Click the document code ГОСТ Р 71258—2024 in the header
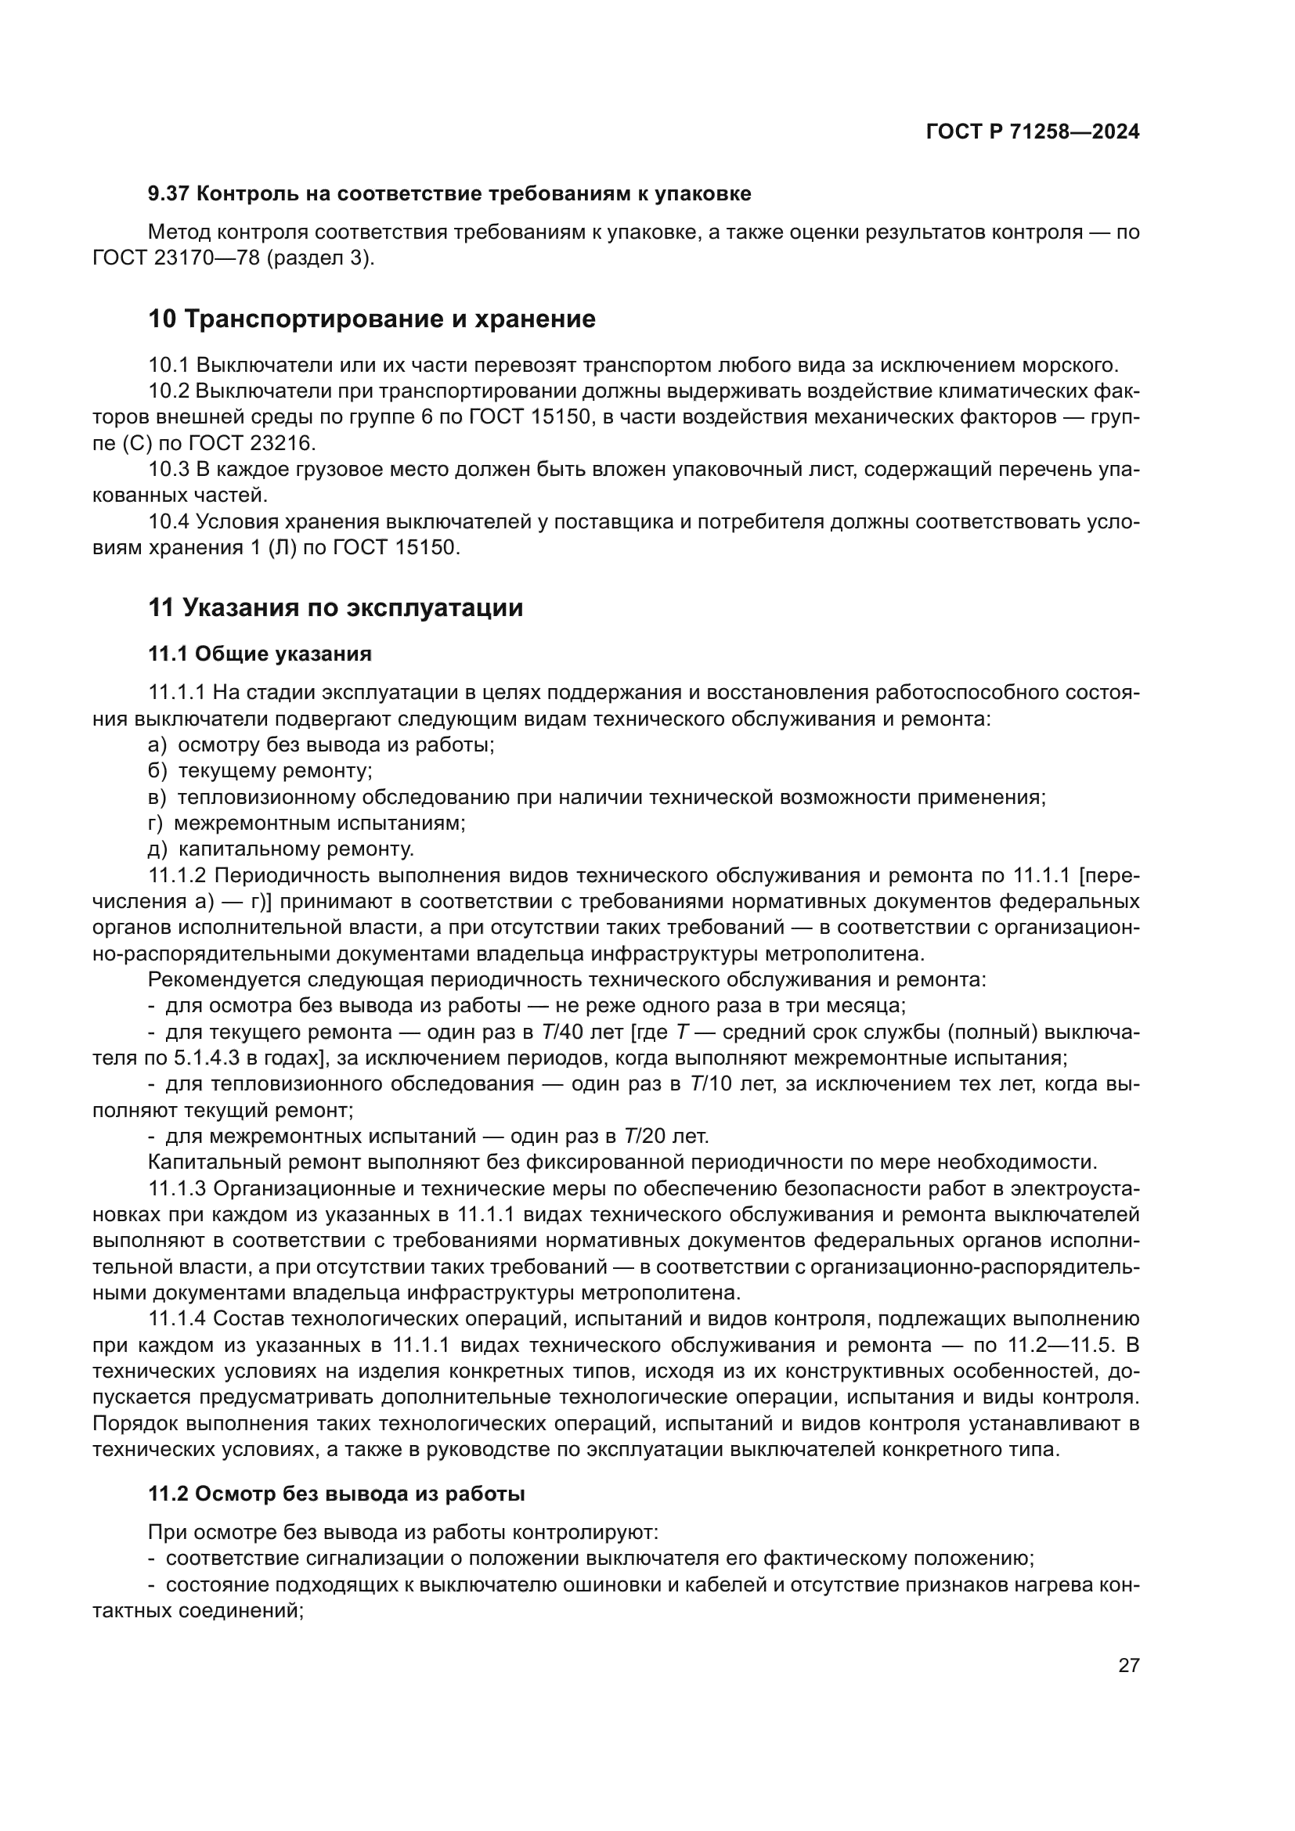(x=1033, y=132)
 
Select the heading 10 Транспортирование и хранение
(x=372, y=319)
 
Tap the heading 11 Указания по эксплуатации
(x=336, y=607)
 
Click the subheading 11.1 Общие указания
(x=260, y=654)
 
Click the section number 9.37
(x=168, y=194)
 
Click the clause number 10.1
(x=168, y=366)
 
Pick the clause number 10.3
(x=168, y=470)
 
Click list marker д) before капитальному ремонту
(x=158, y=849)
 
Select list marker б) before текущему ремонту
(x=158, y=770)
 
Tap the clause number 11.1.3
(x=177, y=1188)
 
